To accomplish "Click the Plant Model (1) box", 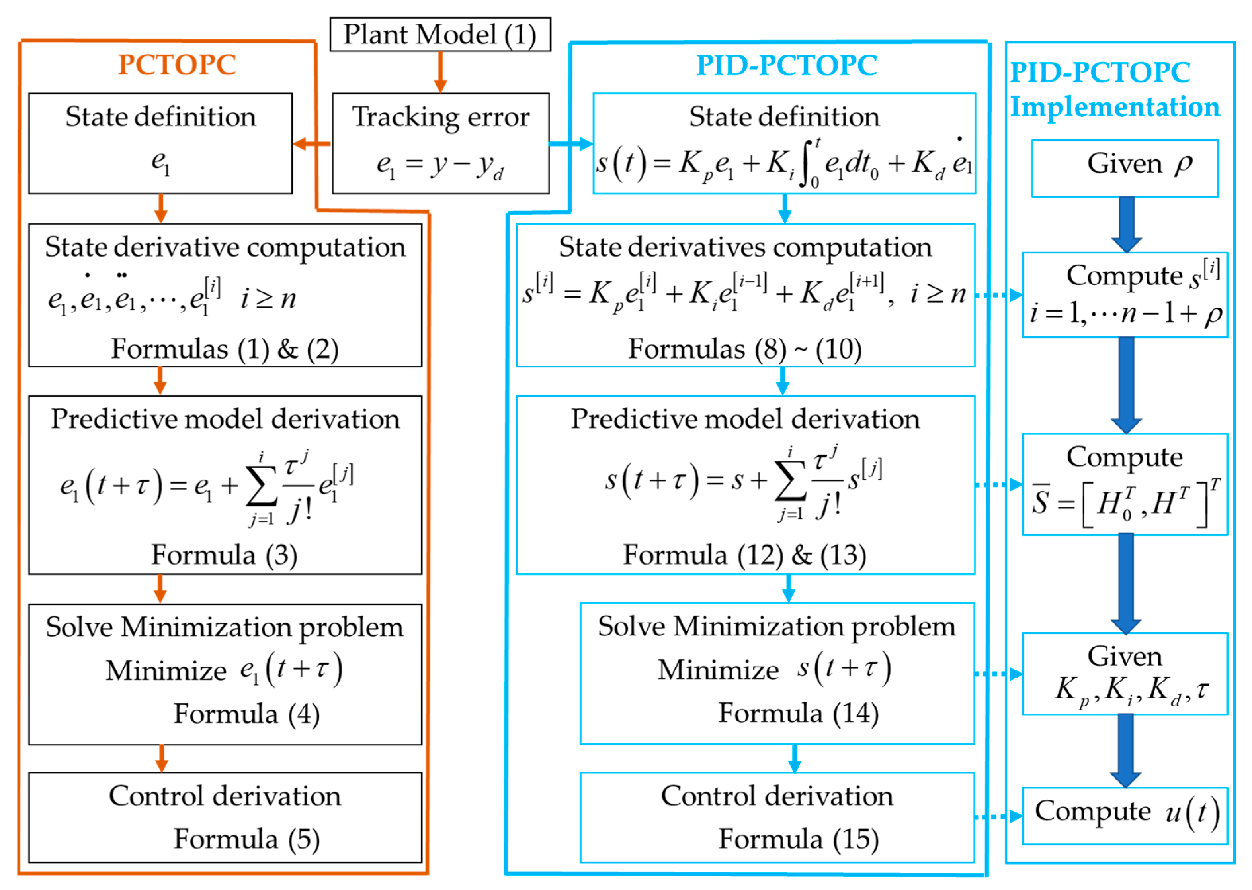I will (440, 35).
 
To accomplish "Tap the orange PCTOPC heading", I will (176, 65).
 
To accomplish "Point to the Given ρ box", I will (1124, 168).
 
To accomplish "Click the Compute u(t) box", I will (1124, 815).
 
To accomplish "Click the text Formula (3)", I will (225, 555).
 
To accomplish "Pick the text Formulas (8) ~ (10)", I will (744, 349).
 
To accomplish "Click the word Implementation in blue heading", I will (1115, 107).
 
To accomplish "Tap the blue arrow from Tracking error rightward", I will (570, 144).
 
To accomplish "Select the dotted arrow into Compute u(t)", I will (998, 817).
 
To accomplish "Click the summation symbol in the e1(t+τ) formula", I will (261, 487).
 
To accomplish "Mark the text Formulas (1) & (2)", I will (225, 349).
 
